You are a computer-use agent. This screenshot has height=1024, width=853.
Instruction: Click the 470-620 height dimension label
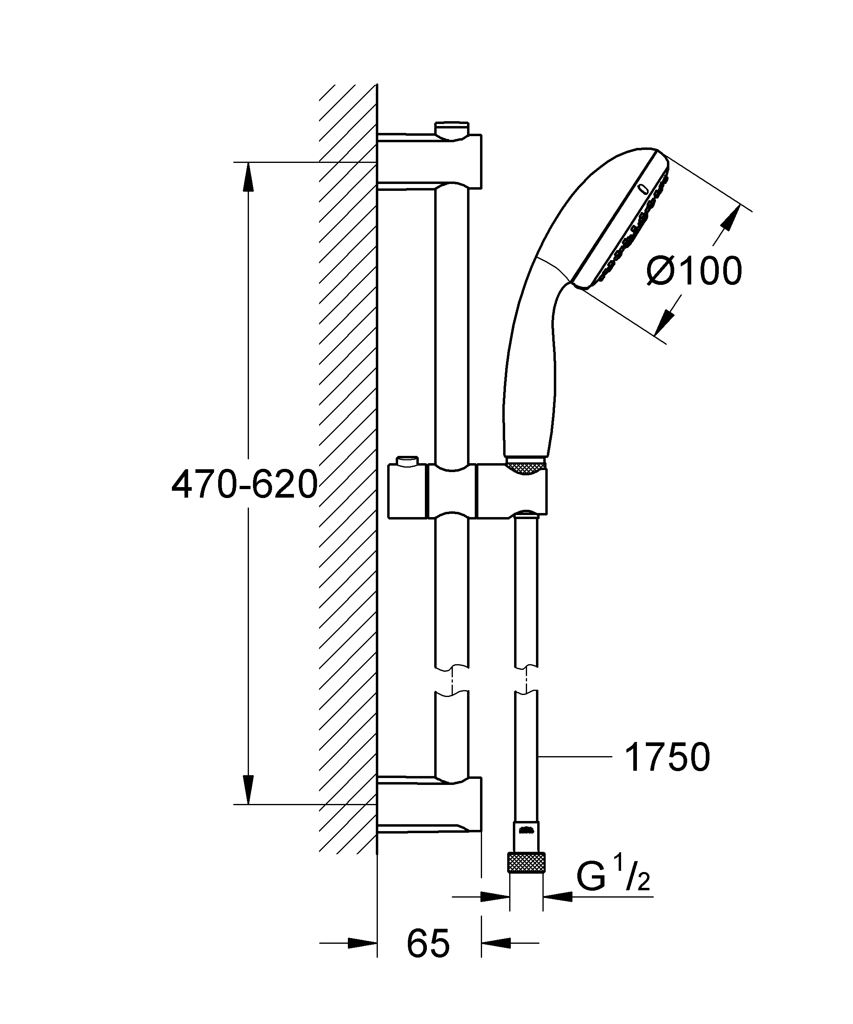[244, 485]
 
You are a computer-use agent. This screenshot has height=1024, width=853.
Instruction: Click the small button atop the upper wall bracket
[452, 129]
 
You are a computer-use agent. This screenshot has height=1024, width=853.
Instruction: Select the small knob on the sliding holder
[408, 460]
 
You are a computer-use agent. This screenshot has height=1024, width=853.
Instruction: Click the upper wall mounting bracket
[429, 161]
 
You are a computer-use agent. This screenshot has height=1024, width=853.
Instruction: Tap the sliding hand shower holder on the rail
[467, 491]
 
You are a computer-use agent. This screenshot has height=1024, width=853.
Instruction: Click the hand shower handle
[529, 381]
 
